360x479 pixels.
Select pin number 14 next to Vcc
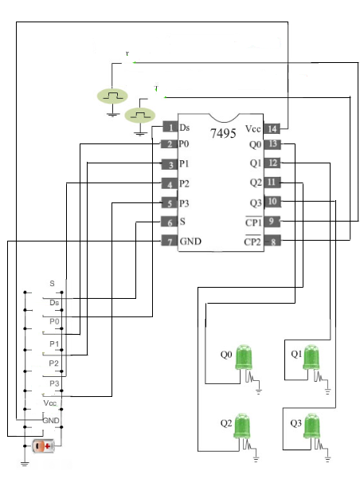click(x=272, y=128)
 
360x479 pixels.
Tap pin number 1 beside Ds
click(x=169, y=128)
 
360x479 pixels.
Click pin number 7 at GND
click(x=168, y=241)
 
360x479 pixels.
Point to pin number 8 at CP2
click(x=272, y=241)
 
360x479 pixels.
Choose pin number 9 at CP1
click(x=272, y=222)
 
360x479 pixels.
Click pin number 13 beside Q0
click(x=272, y=145)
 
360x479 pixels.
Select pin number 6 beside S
click(x=168, y=222)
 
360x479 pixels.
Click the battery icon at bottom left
click(x=43, y=446)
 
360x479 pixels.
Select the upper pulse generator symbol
click(x=112, y=96)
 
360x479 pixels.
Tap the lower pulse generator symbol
click(x=142, y=116)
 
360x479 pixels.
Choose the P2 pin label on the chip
click(x=184, y=183)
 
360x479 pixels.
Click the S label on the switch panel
click(x=52, y=283)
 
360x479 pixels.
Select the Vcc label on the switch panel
click(x=50, y=403)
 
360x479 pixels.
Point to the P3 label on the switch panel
click(x=54, y=383)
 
